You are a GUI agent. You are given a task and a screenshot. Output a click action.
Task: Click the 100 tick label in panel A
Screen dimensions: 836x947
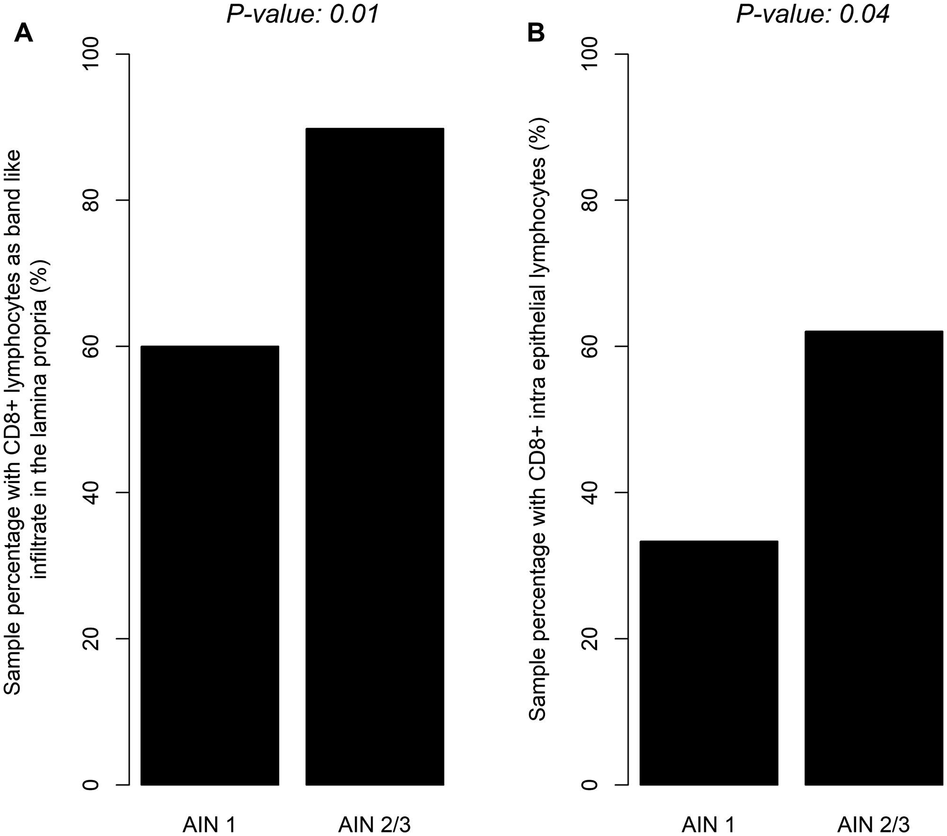coord(91,54)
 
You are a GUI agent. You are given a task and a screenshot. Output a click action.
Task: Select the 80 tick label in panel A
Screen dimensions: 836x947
coord(91,200)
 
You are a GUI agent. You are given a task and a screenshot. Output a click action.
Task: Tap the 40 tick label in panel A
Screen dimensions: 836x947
coord(91,493)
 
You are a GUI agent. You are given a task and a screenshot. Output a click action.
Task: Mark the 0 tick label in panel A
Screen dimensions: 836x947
coord(91,785)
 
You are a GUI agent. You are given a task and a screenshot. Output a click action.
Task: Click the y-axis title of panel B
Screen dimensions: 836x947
coord(537,419)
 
